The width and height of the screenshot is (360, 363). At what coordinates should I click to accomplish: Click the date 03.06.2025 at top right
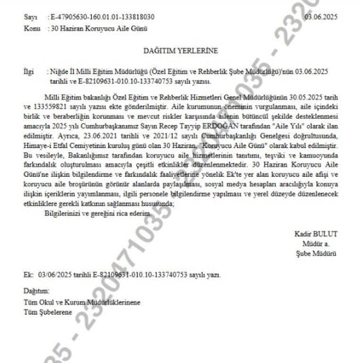coord(321,17)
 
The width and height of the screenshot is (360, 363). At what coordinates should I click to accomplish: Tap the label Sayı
coord(29,17)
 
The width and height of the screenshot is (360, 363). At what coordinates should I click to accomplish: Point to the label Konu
coord(31,28)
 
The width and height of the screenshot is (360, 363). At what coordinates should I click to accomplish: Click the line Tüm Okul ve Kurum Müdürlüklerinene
coord(82,302)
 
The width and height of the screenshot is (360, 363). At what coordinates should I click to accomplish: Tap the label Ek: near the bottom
coord(28,274)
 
